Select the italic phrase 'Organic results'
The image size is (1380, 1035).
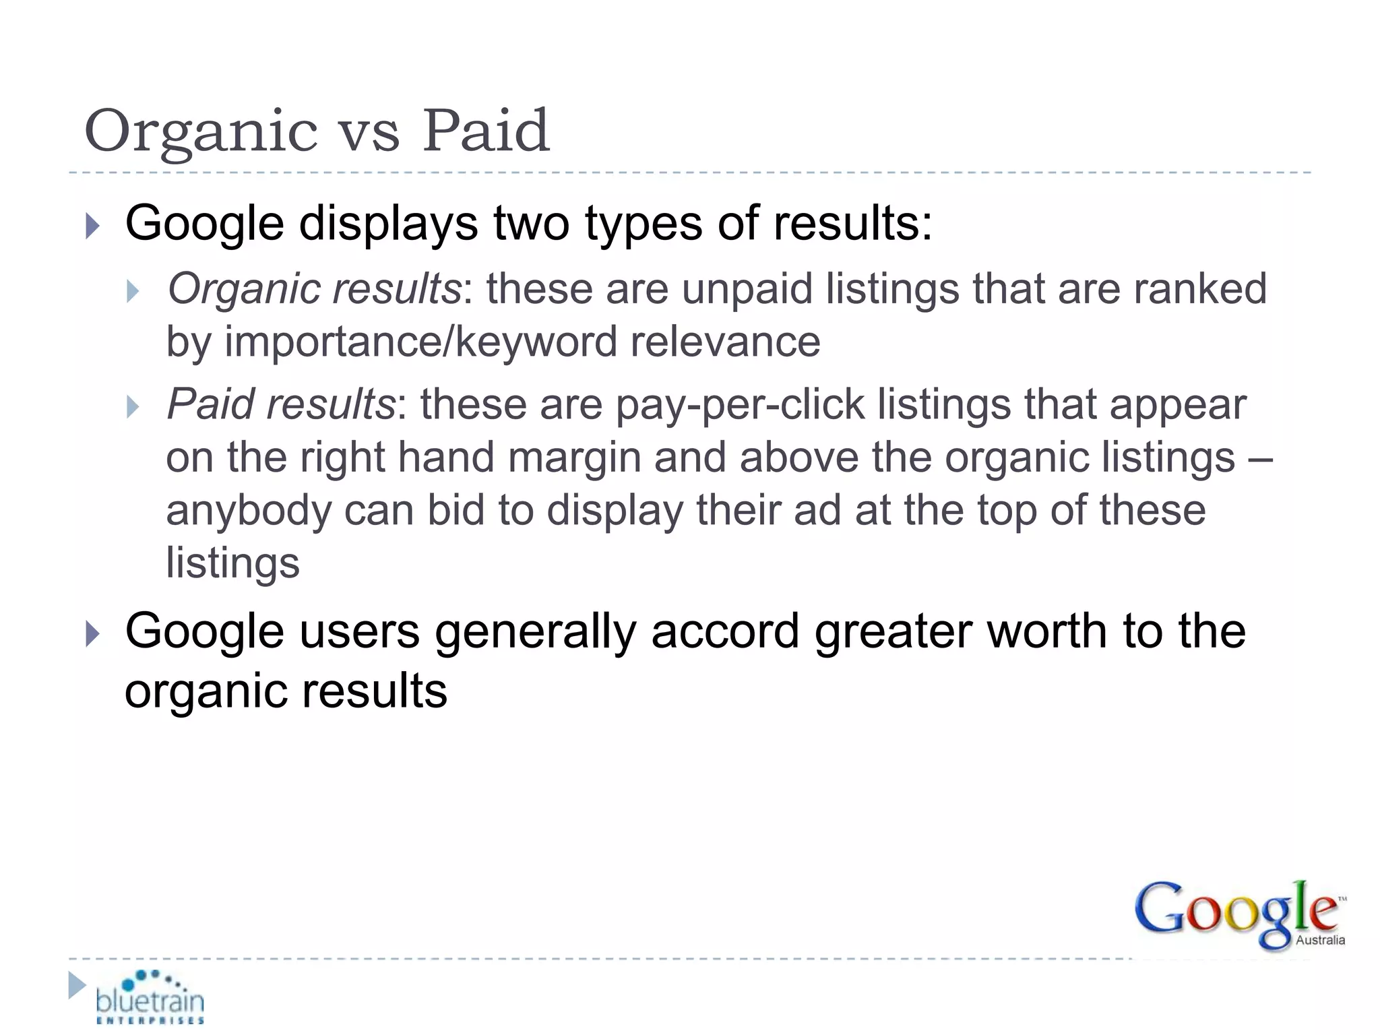pyautogui.click(x=314, y=289)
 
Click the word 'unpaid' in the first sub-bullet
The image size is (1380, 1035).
pyautogui.click(x=747, y=289)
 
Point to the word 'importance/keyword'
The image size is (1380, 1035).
pyautogui.click(x=420, y=342)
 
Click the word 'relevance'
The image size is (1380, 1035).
pyautogui.click(x=725, y=342)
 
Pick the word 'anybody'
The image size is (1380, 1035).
pyautogui.click(x=249, y=510)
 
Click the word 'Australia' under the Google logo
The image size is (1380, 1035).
pyautogui.click(x=1320, y=940)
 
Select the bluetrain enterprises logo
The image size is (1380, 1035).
pyautogui.click(x=150, y=998)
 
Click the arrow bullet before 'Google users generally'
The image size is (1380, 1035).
pyautogui.click(x=93, y=634)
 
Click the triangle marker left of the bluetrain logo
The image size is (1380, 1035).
pyautogui.click(x=77, y=985)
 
